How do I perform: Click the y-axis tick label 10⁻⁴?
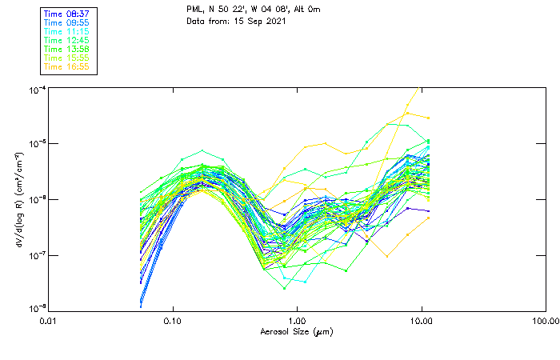(x=35, y=89)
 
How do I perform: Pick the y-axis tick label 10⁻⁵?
(x=35, y=144)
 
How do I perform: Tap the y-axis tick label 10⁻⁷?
(x=35, y=254)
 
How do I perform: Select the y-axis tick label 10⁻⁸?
(x=35, y=309)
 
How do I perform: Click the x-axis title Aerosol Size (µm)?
(x=297, y=331)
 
